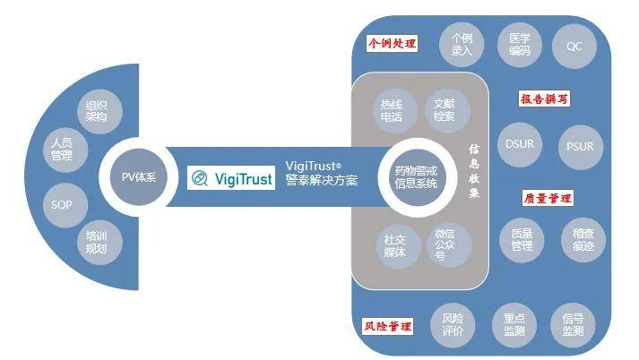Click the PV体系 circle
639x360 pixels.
click(138, 176)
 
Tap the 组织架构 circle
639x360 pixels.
click(95, 109)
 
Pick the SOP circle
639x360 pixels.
click(61, 203)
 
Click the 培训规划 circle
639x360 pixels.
click(96, 243)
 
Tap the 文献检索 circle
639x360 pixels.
click(444, 109)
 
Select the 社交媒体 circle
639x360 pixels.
click(394, 244)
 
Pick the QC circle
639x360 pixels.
click(574, 46)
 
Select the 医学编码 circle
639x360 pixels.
click(520, 46)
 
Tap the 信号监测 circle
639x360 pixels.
click(574, 323)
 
